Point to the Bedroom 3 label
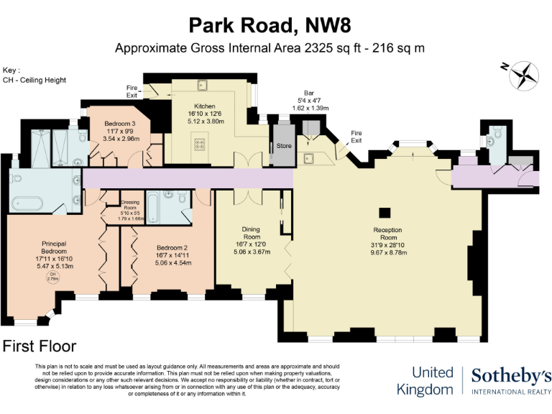click(120, 123)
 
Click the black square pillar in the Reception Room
click(385, 212)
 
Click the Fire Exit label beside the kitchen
click(132, 91)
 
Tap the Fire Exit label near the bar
click(356, 137)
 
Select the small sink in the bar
click(310, 157)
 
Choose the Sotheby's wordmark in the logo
click(511, 374)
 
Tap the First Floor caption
click(40, 346)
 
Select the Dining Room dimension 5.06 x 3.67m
click(251, 252)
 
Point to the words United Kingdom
click(432, 381)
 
